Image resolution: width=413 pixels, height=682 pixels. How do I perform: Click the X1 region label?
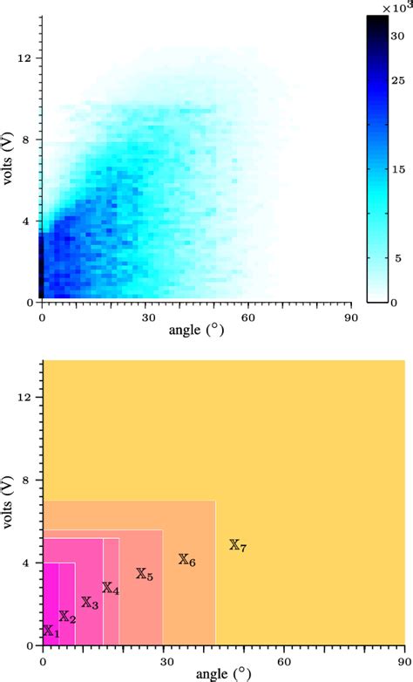(x=51, y=631)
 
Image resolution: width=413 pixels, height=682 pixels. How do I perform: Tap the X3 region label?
(x=90, y=603)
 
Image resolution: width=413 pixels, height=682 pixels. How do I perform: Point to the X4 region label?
(x=111, y=589)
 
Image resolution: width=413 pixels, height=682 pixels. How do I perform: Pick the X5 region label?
(x=145, y=575)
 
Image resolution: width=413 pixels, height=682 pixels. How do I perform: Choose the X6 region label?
(x=187, y=560)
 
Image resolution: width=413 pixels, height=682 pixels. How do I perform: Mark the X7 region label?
(x=238, y=546)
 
